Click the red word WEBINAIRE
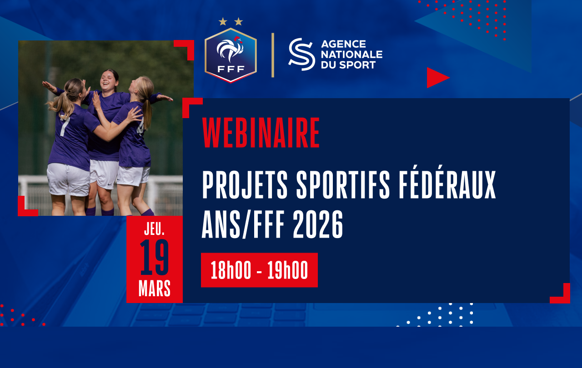261,133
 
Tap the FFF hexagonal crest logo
231,55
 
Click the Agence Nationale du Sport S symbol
301,54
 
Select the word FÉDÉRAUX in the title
447,185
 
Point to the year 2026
318,224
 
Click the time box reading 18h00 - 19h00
259,270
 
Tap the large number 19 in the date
154,257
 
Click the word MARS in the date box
154,288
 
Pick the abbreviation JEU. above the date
154,229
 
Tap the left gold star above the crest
223,21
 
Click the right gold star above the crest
239,21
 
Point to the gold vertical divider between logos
273,55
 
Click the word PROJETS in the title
245,185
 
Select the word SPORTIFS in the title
343,185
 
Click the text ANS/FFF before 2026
243,224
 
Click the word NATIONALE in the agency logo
352,55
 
